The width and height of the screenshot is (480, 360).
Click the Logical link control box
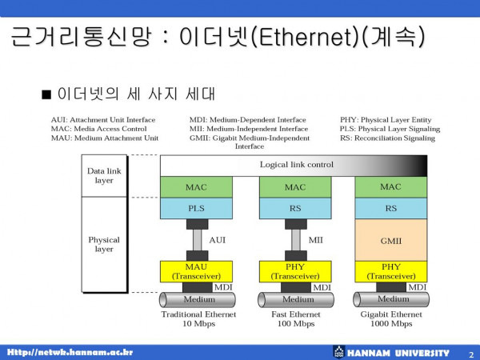[294, 166]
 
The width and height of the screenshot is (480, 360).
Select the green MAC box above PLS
[196, 187]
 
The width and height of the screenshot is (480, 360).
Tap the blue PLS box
[196, 208]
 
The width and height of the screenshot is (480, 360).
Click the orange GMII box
[391, 240]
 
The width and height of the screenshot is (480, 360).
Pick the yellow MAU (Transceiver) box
[196, 271]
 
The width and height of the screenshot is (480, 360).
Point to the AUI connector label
[218, 240]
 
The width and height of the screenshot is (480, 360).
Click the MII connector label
[316, 240]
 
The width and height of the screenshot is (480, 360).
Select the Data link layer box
[104, 176]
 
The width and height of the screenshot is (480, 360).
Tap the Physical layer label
[104, 244]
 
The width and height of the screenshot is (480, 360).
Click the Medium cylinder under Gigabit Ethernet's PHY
[391, 299]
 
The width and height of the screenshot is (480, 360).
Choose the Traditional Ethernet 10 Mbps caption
[198, 319]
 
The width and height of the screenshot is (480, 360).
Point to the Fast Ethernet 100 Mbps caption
[296, 319]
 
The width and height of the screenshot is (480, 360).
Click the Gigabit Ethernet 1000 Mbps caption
[391, 319]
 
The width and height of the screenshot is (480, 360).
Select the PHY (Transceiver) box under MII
[295, 271]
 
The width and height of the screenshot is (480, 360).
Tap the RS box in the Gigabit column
[391, 208]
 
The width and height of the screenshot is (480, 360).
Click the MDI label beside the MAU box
[223, 287]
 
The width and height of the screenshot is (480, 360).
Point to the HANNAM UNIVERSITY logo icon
[339, 352]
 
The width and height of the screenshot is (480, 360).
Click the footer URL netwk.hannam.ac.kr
[70, 352]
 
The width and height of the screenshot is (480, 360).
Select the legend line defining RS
[387, 138]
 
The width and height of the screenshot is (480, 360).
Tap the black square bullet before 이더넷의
[46, 94]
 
